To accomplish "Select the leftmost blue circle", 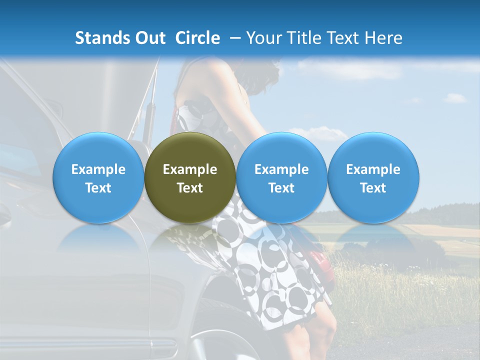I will click(98, 178).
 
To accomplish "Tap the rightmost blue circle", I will click(373, 178).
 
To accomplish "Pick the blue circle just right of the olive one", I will click(281, 178).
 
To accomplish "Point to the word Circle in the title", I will click(197, 38).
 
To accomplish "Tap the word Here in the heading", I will click(383, 38).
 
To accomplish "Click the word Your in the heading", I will click(262, 38).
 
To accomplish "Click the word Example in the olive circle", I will click(190, 169).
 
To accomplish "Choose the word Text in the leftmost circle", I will click(98, 188).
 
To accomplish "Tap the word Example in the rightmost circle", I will click(373, 169).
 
